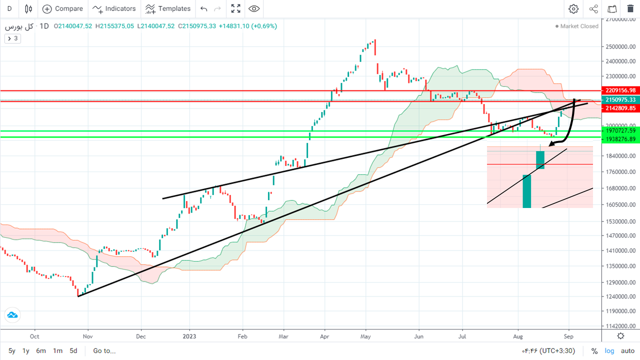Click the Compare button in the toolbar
(62, 8)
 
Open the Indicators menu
(114, 8)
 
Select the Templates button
(168, 8)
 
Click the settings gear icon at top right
(573, 8)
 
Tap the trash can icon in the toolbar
(630, 8)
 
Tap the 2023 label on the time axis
(189, 337)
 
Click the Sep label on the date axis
(568, 337)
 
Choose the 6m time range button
(41, 351)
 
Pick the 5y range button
(11, 351)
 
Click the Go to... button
(104, 351)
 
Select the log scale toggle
(609, 351)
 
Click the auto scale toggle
(627, 351)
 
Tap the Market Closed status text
(579, 26)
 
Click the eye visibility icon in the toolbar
(254, 8)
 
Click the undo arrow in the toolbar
(203, 8)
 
